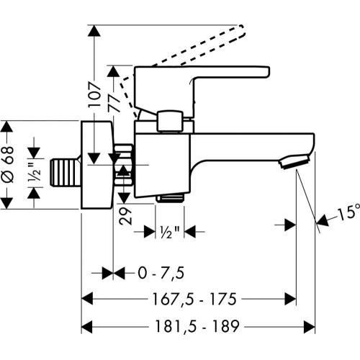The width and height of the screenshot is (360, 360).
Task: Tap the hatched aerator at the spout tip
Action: point(296,161)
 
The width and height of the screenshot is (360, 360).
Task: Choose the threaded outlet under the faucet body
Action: point(170,196)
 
